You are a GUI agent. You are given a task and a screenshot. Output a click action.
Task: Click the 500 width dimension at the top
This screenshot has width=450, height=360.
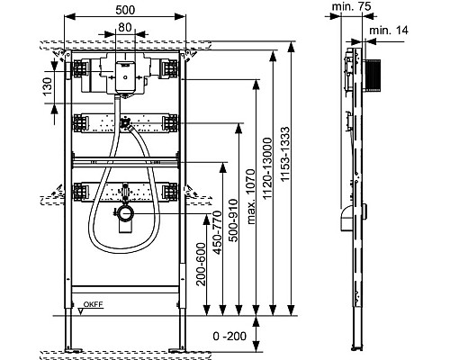pos(125,10)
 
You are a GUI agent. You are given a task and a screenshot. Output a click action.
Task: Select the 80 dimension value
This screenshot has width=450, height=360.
pos(125,27)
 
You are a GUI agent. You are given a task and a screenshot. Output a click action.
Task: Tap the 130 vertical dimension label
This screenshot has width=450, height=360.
pos(48,86)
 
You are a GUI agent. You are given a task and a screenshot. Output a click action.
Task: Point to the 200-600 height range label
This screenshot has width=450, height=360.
pos(201,264)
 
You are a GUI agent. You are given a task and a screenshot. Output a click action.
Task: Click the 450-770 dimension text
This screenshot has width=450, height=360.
pos(217,232)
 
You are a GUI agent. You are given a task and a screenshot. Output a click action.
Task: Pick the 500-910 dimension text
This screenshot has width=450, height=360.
pos(233,220)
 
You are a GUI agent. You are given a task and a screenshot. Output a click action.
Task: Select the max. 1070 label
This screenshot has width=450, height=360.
pos(250,196)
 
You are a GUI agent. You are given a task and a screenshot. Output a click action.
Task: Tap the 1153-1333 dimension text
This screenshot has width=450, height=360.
pos(285,154)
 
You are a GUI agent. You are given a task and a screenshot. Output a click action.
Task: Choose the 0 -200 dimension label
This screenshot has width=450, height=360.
pos(229,336)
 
